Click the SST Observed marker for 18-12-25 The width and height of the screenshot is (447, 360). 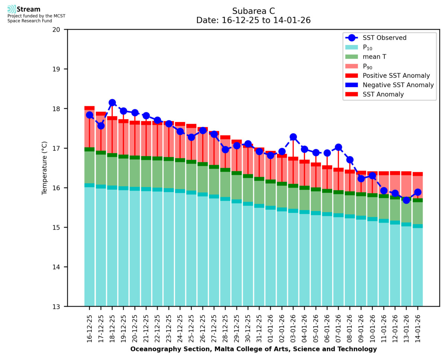[x=112, y=103]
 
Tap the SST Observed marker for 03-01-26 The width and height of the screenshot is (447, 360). [x=293, y=137]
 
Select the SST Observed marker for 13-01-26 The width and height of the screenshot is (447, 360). [x=406, y=200]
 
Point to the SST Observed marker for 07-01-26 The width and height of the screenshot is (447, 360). [x=339, y=147]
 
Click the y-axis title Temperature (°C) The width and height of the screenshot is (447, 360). [x=45, y=168]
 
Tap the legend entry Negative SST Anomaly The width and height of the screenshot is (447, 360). [x=398, y=85]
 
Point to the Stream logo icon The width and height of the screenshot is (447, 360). [x=12, y=9]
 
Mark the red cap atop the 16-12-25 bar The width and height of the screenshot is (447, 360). [x=89, y=108]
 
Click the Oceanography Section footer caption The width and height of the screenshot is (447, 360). [x=253, y=349]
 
